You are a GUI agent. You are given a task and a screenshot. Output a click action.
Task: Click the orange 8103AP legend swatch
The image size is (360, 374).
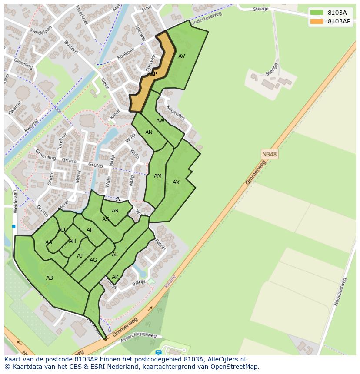point(317,21)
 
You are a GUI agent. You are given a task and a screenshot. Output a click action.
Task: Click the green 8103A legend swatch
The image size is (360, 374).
point(317,13)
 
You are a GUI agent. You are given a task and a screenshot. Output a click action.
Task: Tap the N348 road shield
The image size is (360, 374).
point(269,154)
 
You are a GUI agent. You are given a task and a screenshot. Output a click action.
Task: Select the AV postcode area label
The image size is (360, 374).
point(182,56)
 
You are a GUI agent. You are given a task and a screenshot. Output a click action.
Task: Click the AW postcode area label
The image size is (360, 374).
point(160,121)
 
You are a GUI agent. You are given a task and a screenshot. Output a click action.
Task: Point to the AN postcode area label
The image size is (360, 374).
point(149,132)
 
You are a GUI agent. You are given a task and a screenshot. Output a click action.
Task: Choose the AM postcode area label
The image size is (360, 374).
point(158,176)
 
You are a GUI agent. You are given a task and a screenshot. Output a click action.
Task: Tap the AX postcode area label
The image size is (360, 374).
point(176,182)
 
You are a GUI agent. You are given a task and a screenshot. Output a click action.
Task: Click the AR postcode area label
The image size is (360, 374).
point(115,211)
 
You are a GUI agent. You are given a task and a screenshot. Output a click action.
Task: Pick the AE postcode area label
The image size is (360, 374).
point(90,230)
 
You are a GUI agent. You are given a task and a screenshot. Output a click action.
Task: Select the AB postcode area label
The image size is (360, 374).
point(50,278)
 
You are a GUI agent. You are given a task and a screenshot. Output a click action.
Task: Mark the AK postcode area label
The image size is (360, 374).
point(115,277)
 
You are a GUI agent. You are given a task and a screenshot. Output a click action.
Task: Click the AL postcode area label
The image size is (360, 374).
point(115,255)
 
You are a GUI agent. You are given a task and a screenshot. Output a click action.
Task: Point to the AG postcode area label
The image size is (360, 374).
point(93,260)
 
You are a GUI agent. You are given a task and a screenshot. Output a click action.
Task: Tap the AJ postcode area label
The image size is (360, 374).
point(80,256)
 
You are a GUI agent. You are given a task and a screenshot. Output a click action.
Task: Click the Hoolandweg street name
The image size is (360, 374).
point(340,292)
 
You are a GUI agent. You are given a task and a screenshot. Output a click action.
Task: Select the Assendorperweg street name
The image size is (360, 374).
point(139,338)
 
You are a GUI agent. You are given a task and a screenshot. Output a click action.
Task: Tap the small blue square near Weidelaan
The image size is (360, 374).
point(14,226)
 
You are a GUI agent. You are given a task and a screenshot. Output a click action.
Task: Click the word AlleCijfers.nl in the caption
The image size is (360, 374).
point(225,360)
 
